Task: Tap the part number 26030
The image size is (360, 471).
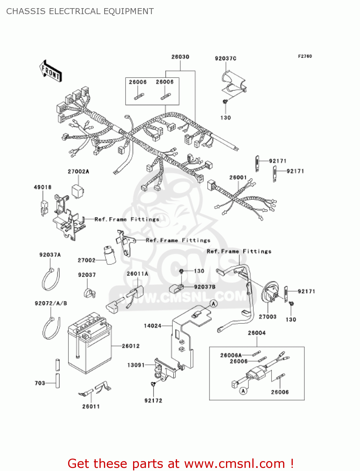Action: click(x=180, y=57)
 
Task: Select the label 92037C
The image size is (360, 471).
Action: click(x=225, y=58)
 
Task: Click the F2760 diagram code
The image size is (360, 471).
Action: click(x=305, y=56)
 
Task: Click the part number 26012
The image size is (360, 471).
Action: click(x=131, y=346)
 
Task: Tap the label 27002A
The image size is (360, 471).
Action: click(x=78, y=171)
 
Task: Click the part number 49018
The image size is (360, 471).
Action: click(x=43, y=187)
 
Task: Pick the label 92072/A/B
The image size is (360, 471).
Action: click(x=51, y=303)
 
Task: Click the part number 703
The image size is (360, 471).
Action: click(x=40, y=383)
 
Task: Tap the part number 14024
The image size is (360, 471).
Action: click(x=153, y=326)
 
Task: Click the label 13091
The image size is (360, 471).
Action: click(x=136, y=365)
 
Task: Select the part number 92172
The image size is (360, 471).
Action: click(x=153, y=401)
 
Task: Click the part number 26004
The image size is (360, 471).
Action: click(x=257, y=333)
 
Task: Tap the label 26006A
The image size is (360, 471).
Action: click(x=231, y=355)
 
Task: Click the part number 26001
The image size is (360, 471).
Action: click(x=238, y=177)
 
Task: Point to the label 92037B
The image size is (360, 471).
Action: click(x=205, y=287)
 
